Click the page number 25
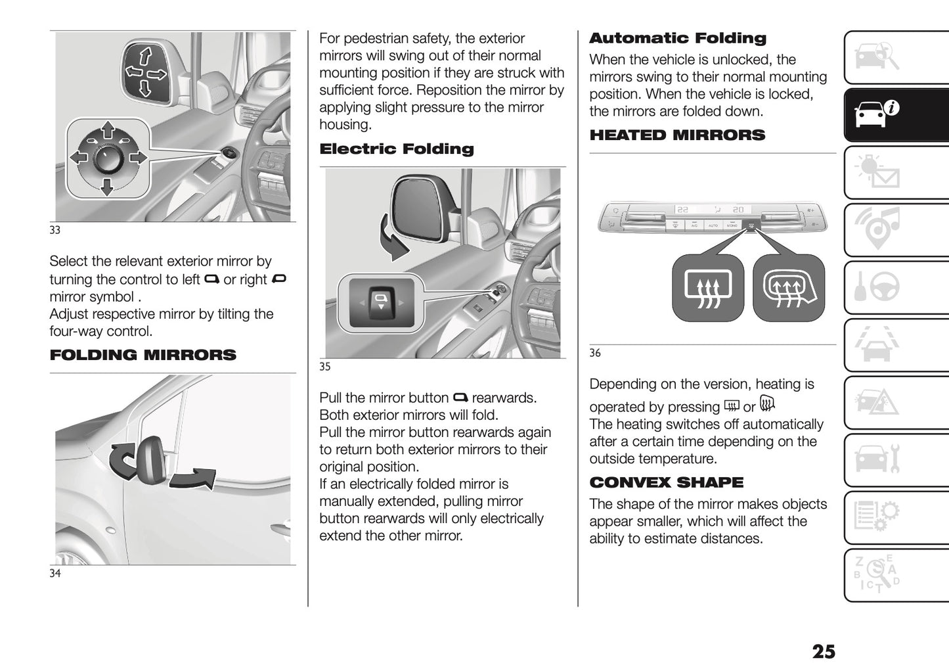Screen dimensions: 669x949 (x=824, y=651)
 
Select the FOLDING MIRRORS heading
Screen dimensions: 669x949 (x=143, y=356)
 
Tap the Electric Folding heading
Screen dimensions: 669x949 (x=396, y=149)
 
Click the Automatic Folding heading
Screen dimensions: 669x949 (x=677, y=39)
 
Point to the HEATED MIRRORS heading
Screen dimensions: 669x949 (x=677, y=135)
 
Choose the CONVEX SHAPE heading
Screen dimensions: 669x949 (x=666, y=482)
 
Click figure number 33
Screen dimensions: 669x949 (x=55, y=230)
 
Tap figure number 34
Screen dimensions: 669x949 (x=55, y=574)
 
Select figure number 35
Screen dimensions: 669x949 (x=324, y=367)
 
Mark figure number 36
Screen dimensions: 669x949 (x=594, y=353)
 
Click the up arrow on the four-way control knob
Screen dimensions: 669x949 (x=106, y=129)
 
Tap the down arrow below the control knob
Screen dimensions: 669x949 (x=106, y=189)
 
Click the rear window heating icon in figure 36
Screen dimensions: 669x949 (x=707, y=288)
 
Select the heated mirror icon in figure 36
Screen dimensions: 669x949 (x=788, y=288)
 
